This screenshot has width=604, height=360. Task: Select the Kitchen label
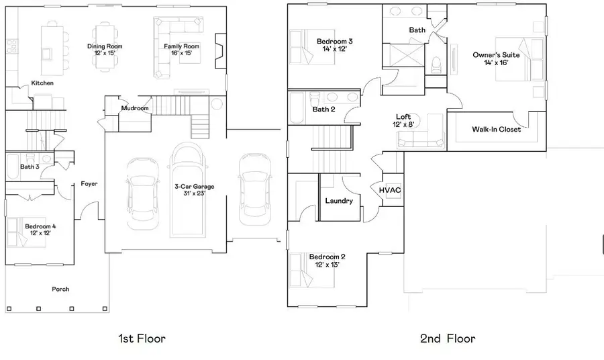(42, 83)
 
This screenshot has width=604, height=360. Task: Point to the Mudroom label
(135, 108)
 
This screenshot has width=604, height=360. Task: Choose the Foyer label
(89, 183)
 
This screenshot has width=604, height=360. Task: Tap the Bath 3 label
(29, 167)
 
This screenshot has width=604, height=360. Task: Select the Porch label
(61, 289)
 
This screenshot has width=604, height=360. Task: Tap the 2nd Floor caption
(448, 338)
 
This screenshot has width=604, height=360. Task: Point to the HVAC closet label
(390, 190)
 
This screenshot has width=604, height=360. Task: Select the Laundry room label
(339, 201)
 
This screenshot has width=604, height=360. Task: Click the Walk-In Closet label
(496, 129)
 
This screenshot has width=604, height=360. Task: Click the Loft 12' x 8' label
(403, 120)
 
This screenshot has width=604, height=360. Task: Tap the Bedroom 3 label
(334, 45)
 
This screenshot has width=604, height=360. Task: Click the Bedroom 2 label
(327, 261)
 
